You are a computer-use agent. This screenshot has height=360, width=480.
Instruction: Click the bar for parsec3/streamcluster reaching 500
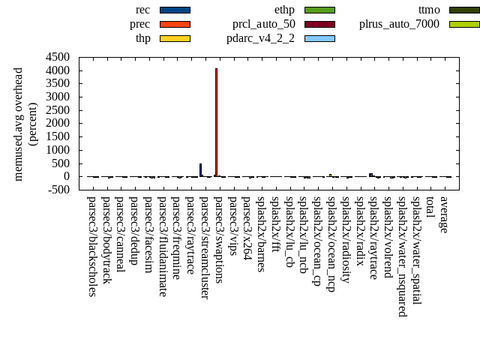click(200, 170)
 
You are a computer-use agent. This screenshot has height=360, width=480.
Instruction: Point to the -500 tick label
click(58, 190)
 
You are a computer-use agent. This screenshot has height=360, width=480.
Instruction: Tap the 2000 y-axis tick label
click(58, 124)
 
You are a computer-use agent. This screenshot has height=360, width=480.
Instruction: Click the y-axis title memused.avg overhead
click(19, 124)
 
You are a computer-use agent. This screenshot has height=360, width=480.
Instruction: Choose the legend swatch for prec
click(175, 24)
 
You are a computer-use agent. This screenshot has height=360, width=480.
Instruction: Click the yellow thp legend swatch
click(175, 38)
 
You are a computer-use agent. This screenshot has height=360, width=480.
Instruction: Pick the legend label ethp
click(284, 10)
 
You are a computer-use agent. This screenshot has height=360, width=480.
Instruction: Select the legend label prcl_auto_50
click(263, 24)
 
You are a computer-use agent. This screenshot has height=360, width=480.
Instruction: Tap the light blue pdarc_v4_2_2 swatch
click(319, 38)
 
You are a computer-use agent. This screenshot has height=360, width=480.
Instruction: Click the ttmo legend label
click(429, 10)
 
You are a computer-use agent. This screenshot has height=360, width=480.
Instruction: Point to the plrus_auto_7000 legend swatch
click(464, 24)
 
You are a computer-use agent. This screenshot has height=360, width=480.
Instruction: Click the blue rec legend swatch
click(175, 10)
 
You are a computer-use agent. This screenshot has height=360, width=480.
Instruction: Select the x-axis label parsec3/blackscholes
click(92, 246)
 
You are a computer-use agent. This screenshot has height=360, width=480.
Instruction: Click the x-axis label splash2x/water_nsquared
click(403, 256)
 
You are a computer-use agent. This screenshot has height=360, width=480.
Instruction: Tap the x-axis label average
click(444, 214)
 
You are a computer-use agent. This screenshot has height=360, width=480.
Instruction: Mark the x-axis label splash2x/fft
click(275, 220)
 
